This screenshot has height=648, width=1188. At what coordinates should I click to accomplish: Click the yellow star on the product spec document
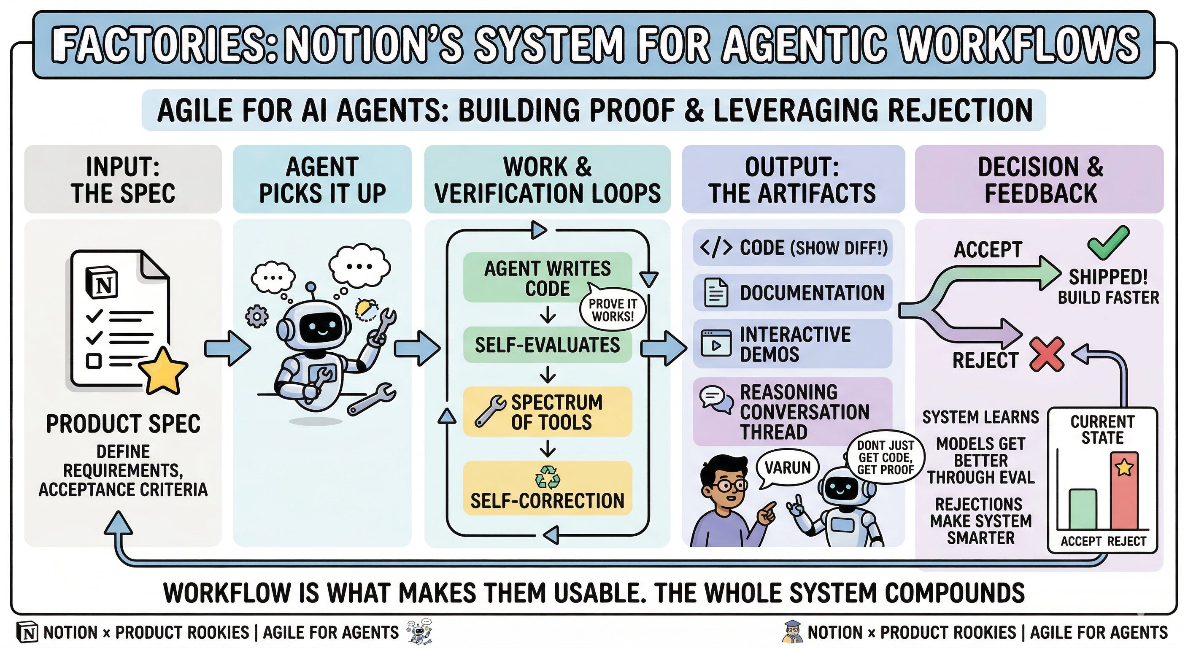point(163,370)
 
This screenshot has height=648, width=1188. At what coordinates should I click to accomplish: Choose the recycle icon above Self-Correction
point(548,477)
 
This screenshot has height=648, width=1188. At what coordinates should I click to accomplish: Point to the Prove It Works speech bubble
point(613,310)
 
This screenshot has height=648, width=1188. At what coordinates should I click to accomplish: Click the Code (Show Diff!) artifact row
point(792,248)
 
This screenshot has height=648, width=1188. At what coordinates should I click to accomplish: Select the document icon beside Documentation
point(716,293)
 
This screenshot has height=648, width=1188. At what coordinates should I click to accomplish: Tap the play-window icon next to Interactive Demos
point(716,343)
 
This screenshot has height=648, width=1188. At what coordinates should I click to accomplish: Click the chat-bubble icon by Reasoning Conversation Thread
point(716,397)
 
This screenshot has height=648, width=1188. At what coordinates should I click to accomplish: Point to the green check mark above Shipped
point(1108,242)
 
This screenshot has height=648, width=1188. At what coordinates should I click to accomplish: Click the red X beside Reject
point(1047,354)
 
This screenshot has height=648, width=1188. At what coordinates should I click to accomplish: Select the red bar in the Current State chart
point(1124,491)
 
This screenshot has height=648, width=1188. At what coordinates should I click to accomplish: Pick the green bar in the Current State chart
point(1083,509)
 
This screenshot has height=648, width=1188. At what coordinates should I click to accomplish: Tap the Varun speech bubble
point(787,468)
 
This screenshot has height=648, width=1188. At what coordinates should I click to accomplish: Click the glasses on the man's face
point(729,485)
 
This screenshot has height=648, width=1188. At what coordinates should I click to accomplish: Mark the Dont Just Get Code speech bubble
point(886,457)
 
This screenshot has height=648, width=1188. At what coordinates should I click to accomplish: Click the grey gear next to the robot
point(256,317)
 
